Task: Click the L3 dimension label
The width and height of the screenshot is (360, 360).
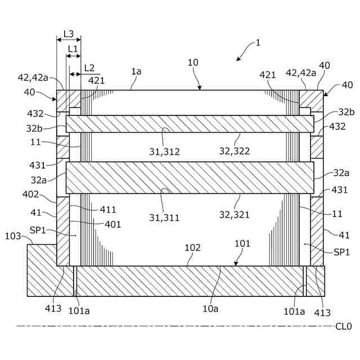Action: [69, 34]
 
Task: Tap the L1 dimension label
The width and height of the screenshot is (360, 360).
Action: [73, 49]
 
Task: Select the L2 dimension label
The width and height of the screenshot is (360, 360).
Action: [89, 67]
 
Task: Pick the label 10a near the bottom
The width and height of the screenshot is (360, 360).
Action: [210, 308]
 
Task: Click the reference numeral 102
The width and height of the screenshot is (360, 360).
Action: [193, 247]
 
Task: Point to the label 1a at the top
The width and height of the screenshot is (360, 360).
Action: [136, 71]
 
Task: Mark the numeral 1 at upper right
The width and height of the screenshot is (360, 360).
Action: [258, 43]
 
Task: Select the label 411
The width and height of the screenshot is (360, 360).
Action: [108, 210]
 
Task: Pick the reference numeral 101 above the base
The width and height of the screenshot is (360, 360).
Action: [242, 244]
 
